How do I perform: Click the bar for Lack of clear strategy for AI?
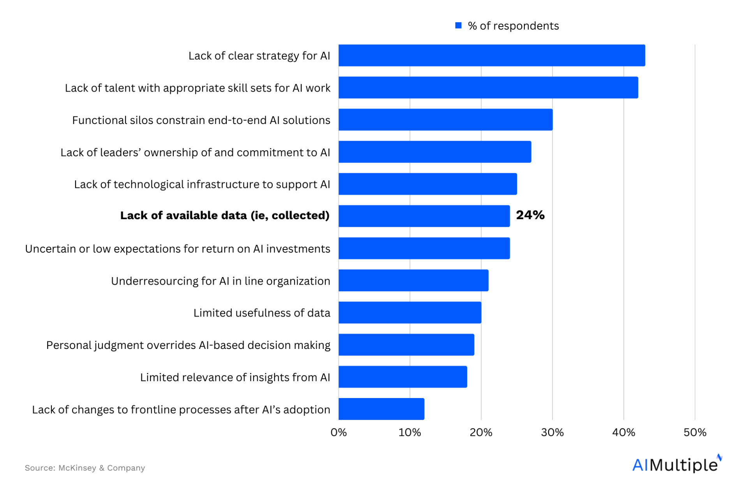492,55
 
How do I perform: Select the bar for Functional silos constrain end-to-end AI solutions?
445,120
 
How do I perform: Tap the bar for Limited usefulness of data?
410,313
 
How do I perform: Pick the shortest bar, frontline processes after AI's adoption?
381,409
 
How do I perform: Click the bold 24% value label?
530,215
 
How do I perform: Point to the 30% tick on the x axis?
552,432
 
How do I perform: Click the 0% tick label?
339,432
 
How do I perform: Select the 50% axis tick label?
695,432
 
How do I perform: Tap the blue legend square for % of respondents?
459,25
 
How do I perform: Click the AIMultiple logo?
677,464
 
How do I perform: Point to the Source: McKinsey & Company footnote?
85,468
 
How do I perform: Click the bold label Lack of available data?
225,215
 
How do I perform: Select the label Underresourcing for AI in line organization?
221,281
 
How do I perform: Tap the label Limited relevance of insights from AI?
235,377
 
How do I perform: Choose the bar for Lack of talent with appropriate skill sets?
488,88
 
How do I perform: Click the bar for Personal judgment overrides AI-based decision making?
406,345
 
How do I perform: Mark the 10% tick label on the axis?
410,432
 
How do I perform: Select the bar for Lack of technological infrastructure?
428,184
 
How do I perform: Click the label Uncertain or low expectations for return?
178,249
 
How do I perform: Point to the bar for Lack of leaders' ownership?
435,152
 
